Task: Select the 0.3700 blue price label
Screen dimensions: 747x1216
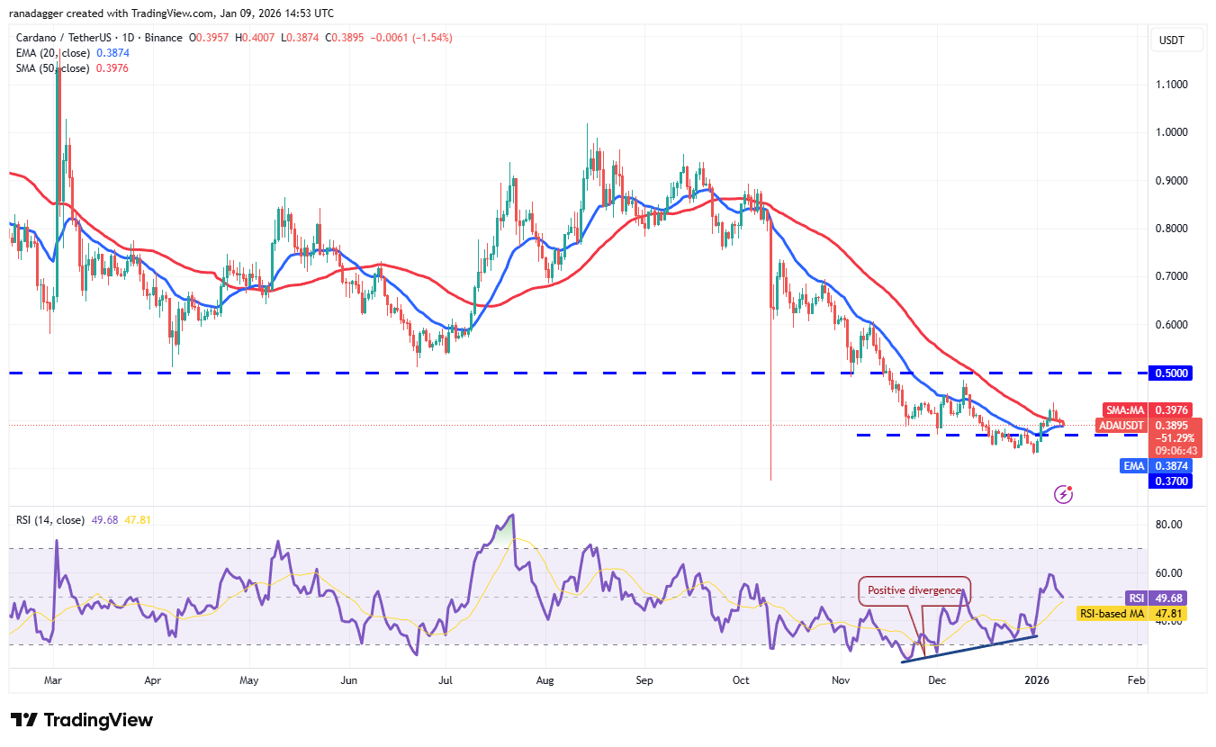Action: pyautogui.click(x=1173, y=481)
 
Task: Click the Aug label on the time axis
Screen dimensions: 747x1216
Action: pyautogui.click(x=544, y=681)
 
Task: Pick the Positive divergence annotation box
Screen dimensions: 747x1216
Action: pyautogui.click(x=914, y=591)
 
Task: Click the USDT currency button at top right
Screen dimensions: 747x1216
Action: pyautogui.click(x=1173, y=40)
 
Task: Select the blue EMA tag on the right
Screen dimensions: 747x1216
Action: pyautogui.click(x=1133, y=466)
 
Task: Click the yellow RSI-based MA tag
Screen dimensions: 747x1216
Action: pyautogui.click(x=1113, y=613)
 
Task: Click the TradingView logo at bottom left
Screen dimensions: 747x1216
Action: pyautogui.click(x=82, y=720)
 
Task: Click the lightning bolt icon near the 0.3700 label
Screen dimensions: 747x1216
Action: pyautogui.click(x=1063, y=493)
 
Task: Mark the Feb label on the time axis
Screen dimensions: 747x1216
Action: pyautogui.click(x=1136, y=681)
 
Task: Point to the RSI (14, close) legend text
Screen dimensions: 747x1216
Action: pyautogui.click(x=50, y=520)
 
